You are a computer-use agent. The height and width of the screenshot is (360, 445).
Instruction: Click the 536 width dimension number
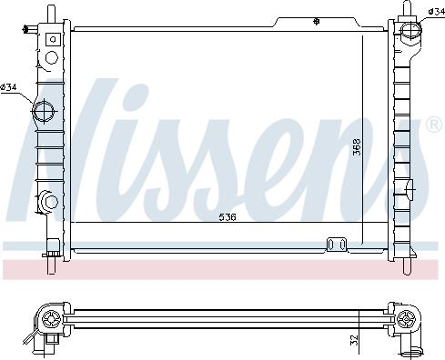click(x=228, y=217)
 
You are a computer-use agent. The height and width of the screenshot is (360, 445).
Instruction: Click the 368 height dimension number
click(x=357, y=147)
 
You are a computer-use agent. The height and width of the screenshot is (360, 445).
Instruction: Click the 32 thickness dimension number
click(x=354, y=341)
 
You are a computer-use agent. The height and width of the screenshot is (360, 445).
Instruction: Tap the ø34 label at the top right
click(x=437, y=12)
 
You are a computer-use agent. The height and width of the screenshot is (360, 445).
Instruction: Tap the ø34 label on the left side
click(x=8, y=87)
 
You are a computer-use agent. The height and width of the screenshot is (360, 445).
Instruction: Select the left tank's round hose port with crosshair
click(x=44, y=111)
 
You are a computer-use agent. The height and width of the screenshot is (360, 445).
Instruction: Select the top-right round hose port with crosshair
click(x=411, y=31)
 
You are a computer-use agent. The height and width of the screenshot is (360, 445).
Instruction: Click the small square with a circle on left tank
click(x=53, y=39)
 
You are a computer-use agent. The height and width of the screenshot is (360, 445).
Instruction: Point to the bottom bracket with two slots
click(x=337, y=245)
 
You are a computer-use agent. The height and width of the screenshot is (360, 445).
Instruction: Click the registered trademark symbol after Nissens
click(x=434, y=125)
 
